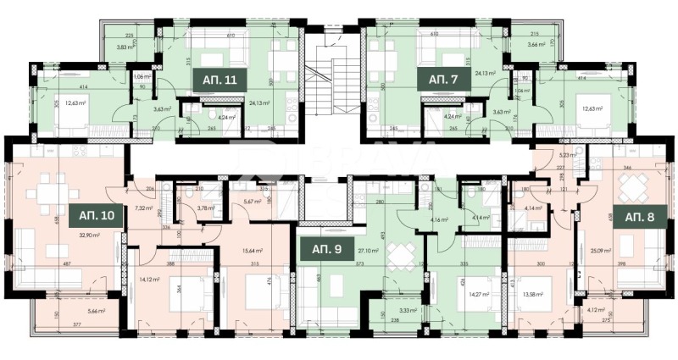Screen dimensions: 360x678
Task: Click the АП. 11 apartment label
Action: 219,79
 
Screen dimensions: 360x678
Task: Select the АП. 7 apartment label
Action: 442,79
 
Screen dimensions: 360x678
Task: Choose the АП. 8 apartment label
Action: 641,216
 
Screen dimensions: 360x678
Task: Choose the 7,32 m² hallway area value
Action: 142,208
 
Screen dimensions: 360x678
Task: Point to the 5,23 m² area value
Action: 566,154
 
